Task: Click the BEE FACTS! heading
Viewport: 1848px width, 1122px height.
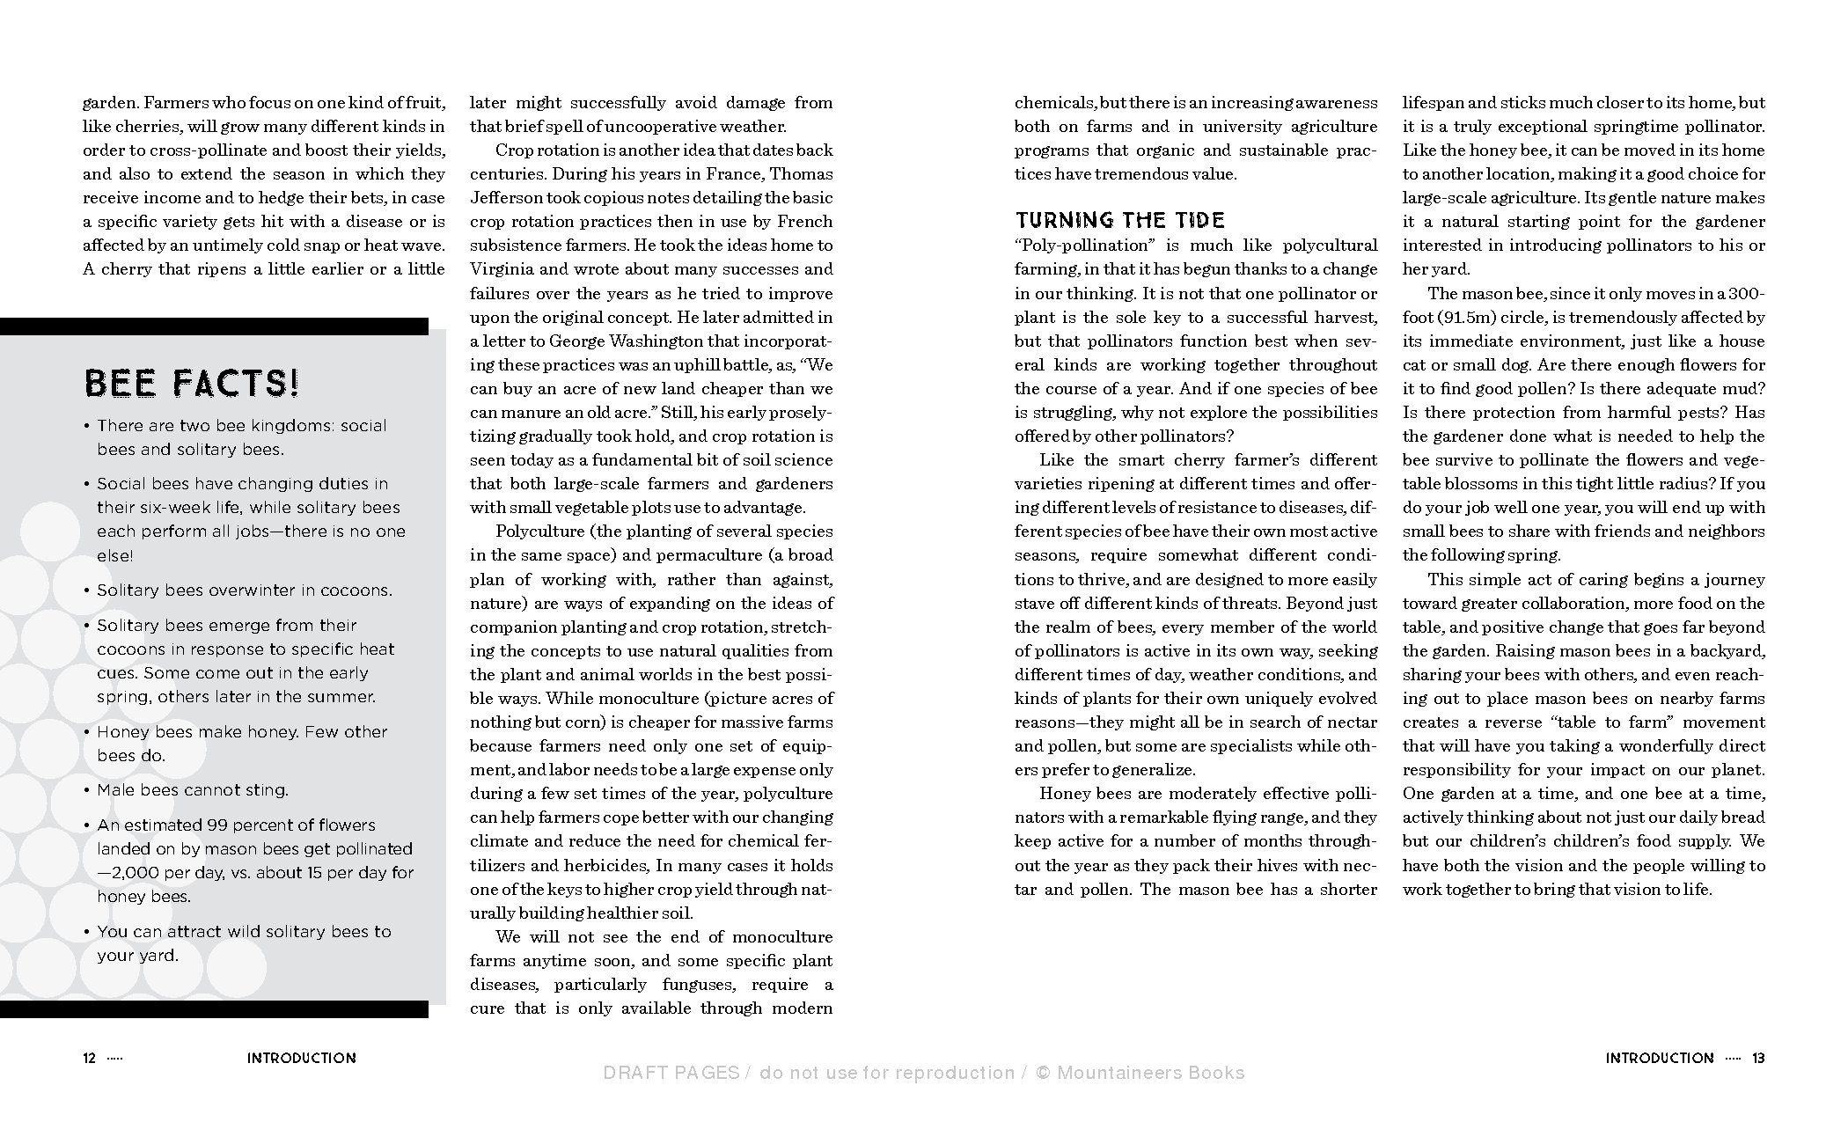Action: pos(192,384)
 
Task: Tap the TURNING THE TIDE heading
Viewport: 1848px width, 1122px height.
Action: pos(1119,220)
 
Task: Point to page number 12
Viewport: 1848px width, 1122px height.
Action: pos(89,1058)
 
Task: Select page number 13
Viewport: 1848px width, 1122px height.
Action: pos(1758,1058)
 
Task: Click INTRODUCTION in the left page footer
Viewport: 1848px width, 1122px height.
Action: pos(302,1058)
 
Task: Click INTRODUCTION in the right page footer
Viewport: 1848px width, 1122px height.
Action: pos(1660,1058)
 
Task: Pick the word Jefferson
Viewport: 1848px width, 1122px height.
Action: pos(507,198)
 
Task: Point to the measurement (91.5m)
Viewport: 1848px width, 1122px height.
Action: pos(1465,317)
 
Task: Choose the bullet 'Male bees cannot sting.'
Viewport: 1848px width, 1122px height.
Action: pos(193,790)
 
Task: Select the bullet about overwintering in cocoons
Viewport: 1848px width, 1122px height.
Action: pos(245,590)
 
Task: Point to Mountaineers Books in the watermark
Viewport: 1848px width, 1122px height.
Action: pos(1151,1073)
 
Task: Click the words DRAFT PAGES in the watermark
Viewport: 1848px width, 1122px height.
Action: pos(671,1073)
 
